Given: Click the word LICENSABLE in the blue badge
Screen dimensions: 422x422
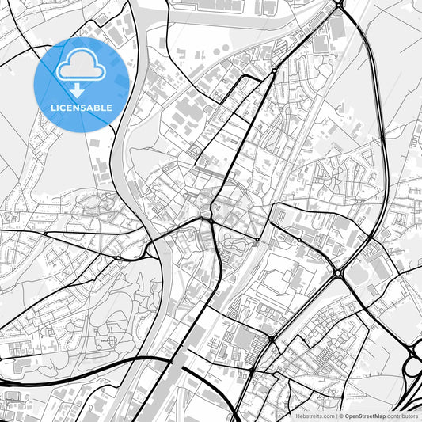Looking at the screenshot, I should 82,108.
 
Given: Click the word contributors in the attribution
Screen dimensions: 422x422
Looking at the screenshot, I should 403,416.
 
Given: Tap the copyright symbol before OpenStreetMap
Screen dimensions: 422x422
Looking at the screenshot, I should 341,416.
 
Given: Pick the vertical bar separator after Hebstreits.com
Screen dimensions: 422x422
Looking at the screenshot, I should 336,416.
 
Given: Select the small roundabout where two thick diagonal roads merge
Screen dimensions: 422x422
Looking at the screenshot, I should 274,70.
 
